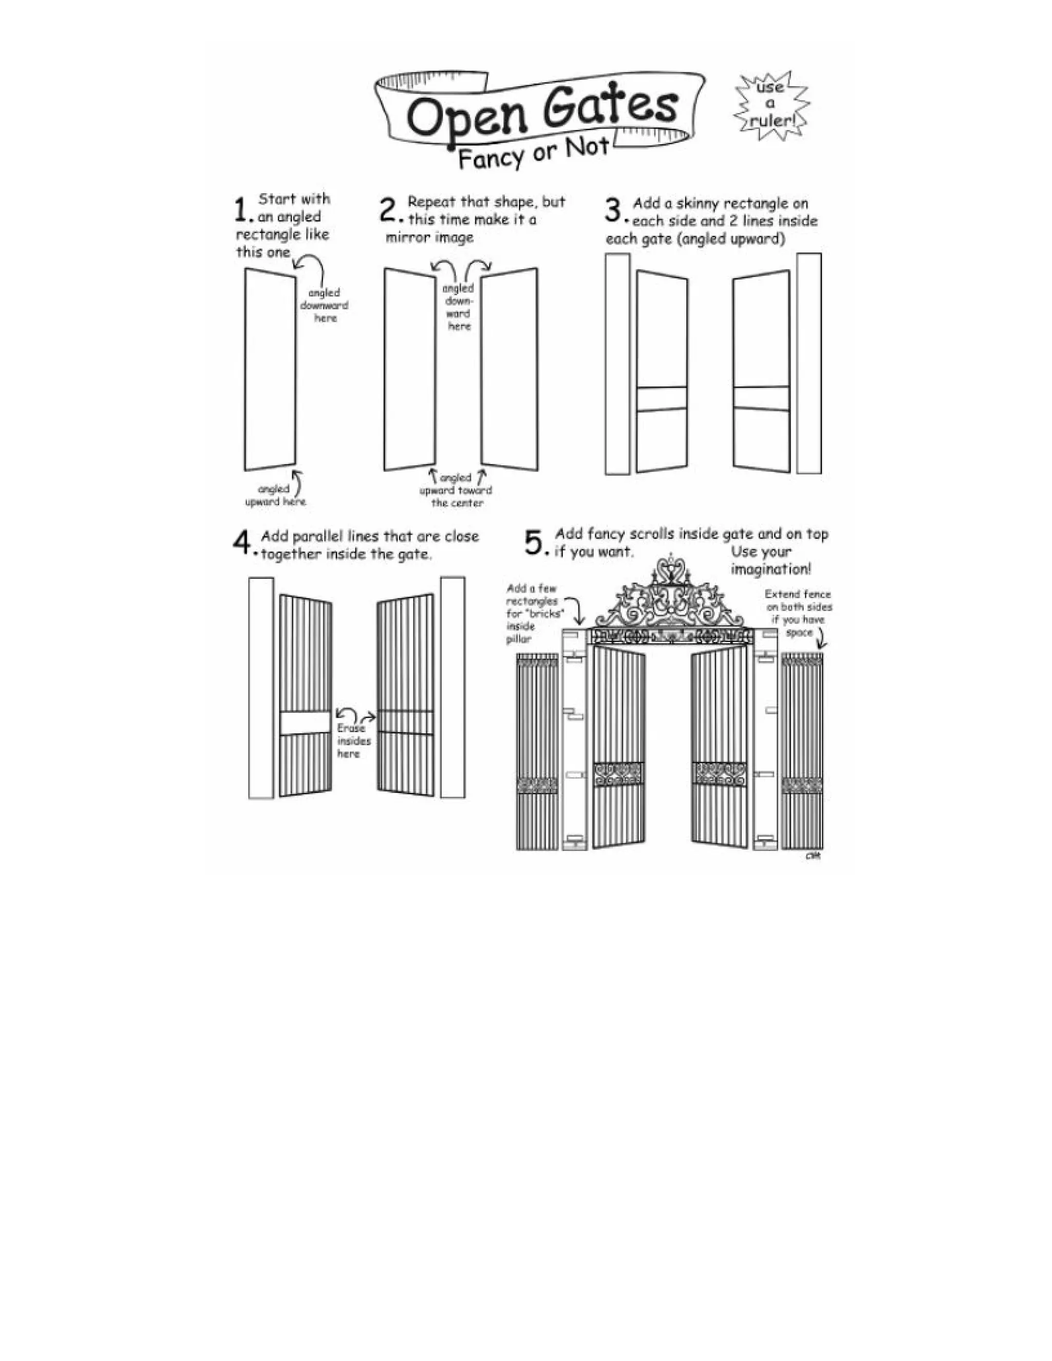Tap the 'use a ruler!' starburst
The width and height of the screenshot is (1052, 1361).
pos(772,105)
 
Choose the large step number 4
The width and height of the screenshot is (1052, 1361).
pos(242,542)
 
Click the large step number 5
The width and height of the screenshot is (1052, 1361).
pos(535,542)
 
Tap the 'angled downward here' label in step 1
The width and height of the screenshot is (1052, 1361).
pos(324,306)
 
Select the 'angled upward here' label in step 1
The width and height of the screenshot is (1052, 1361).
pos(275,496)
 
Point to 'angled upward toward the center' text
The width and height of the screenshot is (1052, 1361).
pos(456,490)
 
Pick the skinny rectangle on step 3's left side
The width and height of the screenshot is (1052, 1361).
pos(617,365)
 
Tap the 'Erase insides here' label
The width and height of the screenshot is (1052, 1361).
pos(353,741)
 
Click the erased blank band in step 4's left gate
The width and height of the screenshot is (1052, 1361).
pos(305,724)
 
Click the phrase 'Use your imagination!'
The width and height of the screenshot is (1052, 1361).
pos(771,560)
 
